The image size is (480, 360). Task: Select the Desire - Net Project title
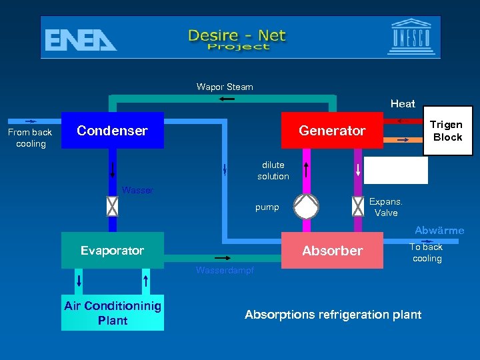[x=237, y=39]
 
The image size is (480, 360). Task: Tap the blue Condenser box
[x=112, y=130]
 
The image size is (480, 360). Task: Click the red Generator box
[x=332, y=130]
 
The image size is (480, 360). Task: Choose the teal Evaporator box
[x=112, y=250]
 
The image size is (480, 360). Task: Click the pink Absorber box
[x=332, y=251]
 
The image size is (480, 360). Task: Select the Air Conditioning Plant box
[x=113, y=313]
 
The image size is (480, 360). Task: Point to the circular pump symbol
[x=307, y=206]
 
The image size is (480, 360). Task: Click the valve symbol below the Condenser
[x=112, y=207]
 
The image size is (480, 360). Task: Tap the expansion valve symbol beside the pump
[x=358, y=207]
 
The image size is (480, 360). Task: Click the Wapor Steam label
[x=225, y=87]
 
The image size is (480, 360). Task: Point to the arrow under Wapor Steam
[x=226, y=99]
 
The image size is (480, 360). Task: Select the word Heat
[x=403, y=103]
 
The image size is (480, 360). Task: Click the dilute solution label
[x=273, y=171]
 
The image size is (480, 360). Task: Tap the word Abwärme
[x=439, y=231]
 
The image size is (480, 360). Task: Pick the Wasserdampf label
[x=225, y=270]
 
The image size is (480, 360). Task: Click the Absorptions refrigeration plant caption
[x=333, y=314]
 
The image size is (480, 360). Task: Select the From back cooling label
[x=31, y=137]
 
